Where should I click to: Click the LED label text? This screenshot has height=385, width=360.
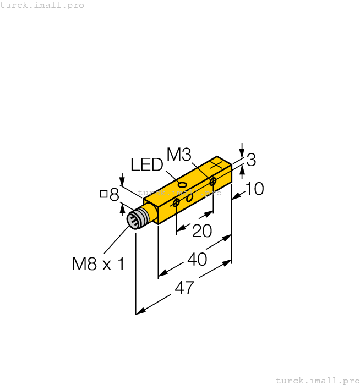click(147, 165)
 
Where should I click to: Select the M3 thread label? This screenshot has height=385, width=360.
click(178, 155)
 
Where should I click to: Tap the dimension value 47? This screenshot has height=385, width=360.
click(184, 287)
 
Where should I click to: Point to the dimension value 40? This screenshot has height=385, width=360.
click(197, 259)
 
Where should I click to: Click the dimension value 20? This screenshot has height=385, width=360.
click(202, 231)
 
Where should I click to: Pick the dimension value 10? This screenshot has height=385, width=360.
click(254, 189)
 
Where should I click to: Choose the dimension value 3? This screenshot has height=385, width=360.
click(251, 160)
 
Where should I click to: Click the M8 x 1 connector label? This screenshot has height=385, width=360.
click(99, 264)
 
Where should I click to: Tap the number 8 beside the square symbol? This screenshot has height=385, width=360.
click(114, 194)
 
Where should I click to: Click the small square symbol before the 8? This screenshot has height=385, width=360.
click(103, 193)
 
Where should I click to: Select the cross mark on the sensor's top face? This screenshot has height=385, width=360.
click(216, 164)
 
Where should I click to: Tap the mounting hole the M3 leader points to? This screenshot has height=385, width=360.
click(212, 181)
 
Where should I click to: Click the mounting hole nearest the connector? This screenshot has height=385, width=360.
click(176, 204)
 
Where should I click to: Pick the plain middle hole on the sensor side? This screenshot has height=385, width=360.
click(189, 197)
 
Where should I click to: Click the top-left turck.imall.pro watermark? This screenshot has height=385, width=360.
click(42, 5)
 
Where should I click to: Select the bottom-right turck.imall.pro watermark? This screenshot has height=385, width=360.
click(317, 380)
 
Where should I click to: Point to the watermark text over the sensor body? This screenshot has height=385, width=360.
click(179, 193)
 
